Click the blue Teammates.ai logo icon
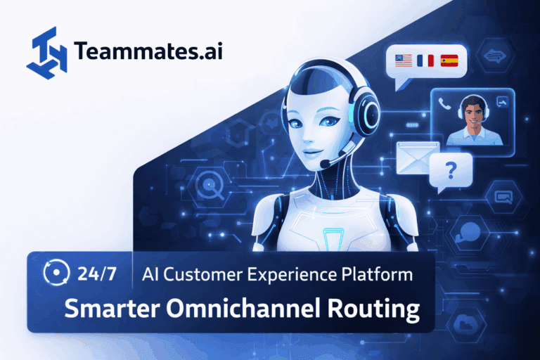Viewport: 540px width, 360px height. click(x=46, y=50)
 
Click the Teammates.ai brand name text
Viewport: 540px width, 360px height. click(x=147, y=51)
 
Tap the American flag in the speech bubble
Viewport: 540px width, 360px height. click(x=403, y=61)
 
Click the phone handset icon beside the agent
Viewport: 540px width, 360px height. click(x=444, y=103)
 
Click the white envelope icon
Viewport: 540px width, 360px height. click(x=418, y=157)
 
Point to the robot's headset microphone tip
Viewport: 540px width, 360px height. click(x=325, y=164)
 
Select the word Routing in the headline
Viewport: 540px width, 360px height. click(x=375, y=308)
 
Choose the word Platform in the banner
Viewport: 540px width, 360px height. click(x=381, y=274)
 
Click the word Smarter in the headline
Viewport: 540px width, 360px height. click(x=111, y=308)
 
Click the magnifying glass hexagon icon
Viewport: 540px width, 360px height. click(x=209, y=186)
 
